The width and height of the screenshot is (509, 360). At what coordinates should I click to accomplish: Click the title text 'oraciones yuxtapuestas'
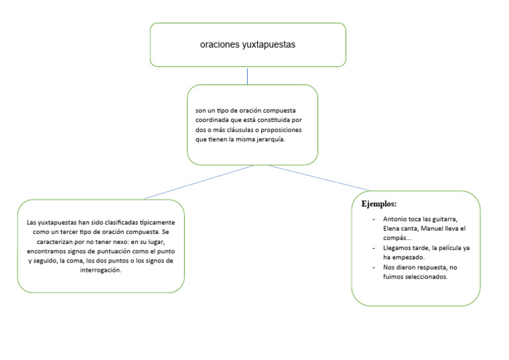point(247,45)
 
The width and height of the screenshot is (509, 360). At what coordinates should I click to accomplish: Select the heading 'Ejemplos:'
point(378,203)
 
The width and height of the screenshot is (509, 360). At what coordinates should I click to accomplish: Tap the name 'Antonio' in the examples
point(396,219)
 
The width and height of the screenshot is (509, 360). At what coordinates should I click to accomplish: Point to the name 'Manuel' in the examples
point(434,229)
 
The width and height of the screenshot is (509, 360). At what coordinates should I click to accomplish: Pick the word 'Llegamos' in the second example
point(398,247)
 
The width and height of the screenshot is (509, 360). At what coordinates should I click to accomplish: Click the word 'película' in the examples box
point(447,247)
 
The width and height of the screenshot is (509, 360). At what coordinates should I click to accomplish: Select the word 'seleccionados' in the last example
point(426,276)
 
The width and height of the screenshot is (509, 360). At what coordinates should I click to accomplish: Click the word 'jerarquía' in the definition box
point(270,139)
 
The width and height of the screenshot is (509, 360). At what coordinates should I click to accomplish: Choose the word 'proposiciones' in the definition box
point(290,129)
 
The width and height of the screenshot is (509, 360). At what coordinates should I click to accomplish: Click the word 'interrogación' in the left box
point(101,270)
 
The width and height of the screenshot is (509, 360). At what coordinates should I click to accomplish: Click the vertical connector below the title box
point(247,76)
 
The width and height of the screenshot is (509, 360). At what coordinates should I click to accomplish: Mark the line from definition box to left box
point(199,182)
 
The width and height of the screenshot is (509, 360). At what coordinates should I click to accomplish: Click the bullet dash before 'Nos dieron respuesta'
point(374,267)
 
